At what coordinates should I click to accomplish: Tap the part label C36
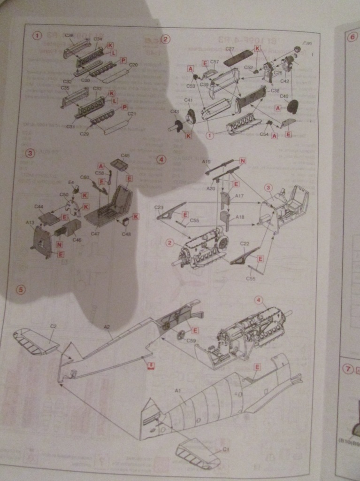pos(69,36)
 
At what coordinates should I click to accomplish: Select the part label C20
pos(133,65)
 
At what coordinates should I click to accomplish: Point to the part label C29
pos(84,134)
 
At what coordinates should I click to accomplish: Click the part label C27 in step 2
pos(230,49)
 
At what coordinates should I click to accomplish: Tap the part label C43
pos(175,112)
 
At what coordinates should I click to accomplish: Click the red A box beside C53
pos(191,69)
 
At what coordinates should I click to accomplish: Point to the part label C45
pos(125,155)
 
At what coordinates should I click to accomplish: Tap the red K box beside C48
pos(135,216)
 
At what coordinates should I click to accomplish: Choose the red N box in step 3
pos(59,244)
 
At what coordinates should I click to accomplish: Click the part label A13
pos(30,223)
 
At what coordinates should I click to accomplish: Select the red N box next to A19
pos(243,161)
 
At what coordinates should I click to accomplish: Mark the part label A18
pos(239,217)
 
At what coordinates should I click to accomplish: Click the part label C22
pos(245,244)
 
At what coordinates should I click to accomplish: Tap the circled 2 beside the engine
pos(169,242)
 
